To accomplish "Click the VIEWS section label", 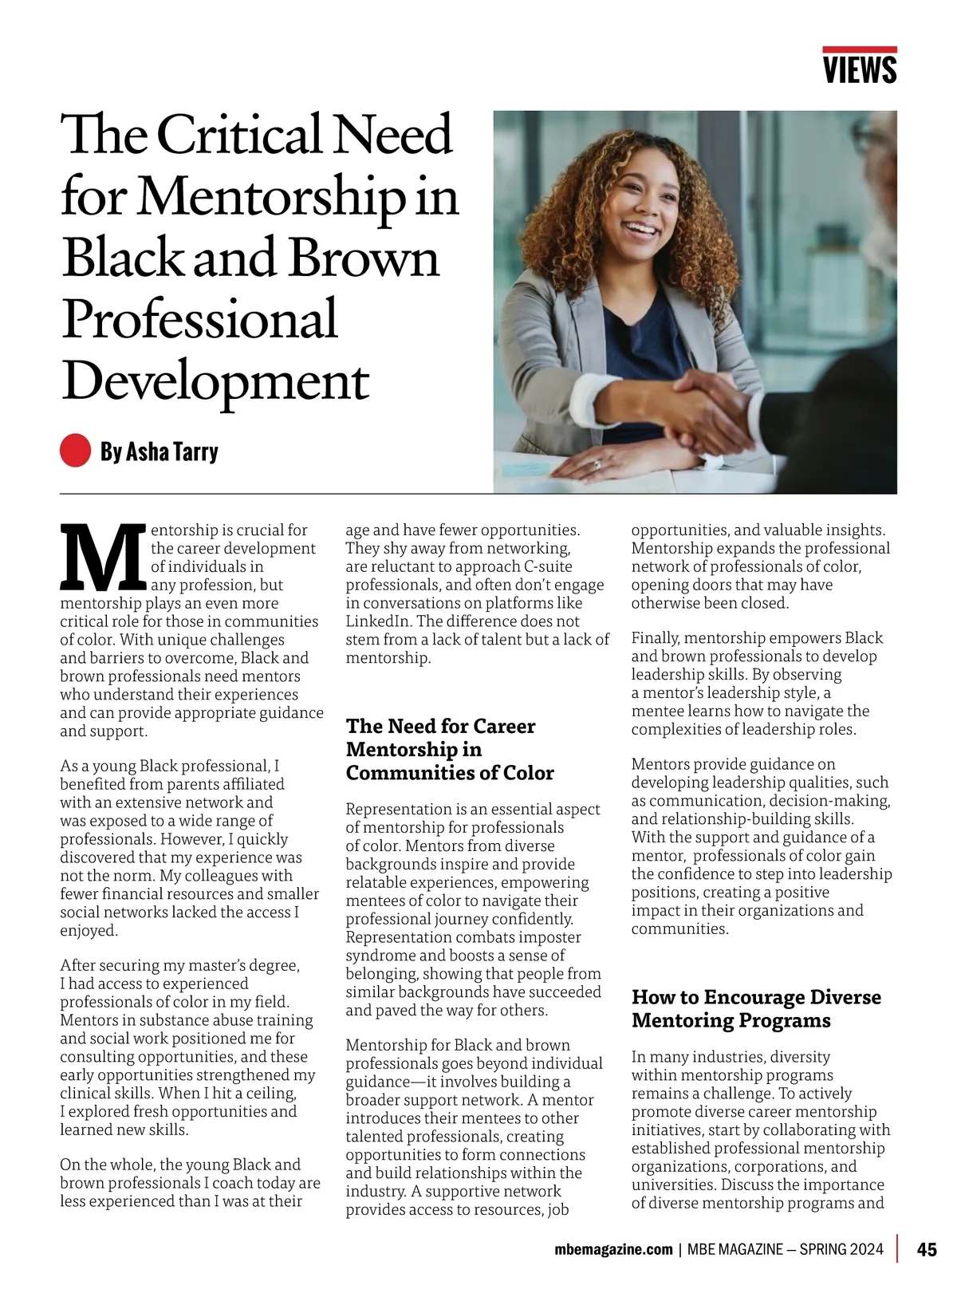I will [x=860, y=69].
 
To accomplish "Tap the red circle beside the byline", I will [x=75, y=450].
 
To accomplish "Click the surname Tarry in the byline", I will [x=195, y=451].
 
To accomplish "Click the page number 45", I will [x=927, y=1249].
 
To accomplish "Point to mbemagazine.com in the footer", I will [x=613, y=1249].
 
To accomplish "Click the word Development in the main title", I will [x=215, y=381].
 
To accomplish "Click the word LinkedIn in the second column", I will [x=378, y=621].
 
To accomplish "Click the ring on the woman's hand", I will [x=596, y=463].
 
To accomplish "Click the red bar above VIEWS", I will [x=860, y=49].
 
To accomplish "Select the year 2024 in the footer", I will [x=865, y=1249].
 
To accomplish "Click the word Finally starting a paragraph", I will [x=655, y=638].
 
